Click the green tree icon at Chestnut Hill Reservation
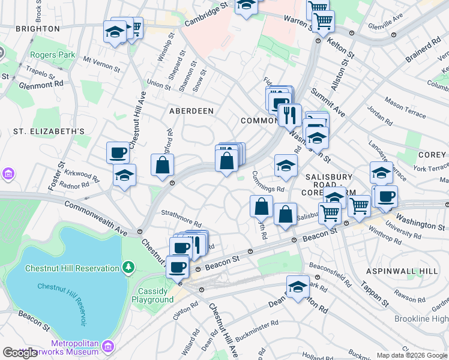click(x=127, y=266)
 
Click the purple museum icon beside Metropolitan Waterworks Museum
click(x=108, y=346)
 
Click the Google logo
click(x=20, y=353)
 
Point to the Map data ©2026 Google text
click(x=412, y=355)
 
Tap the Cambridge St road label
click(x=207, y=13)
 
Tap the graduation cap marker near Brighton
click(x=114, y=32)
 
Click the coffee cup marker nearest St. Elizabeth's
click(x=118, y=152)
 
